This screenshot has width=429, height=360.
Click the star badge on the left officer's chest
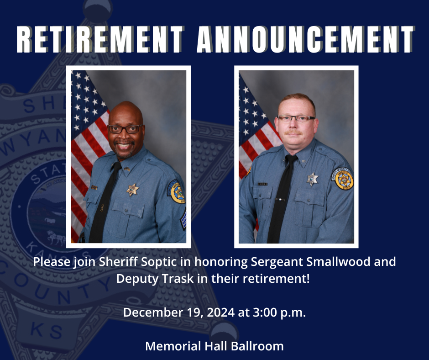pos(132,190)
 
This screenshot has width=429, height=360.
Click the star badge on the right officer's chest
pos(313,179)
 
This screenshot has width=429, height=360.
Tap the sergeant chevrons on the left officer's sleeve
pos(183,220)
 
